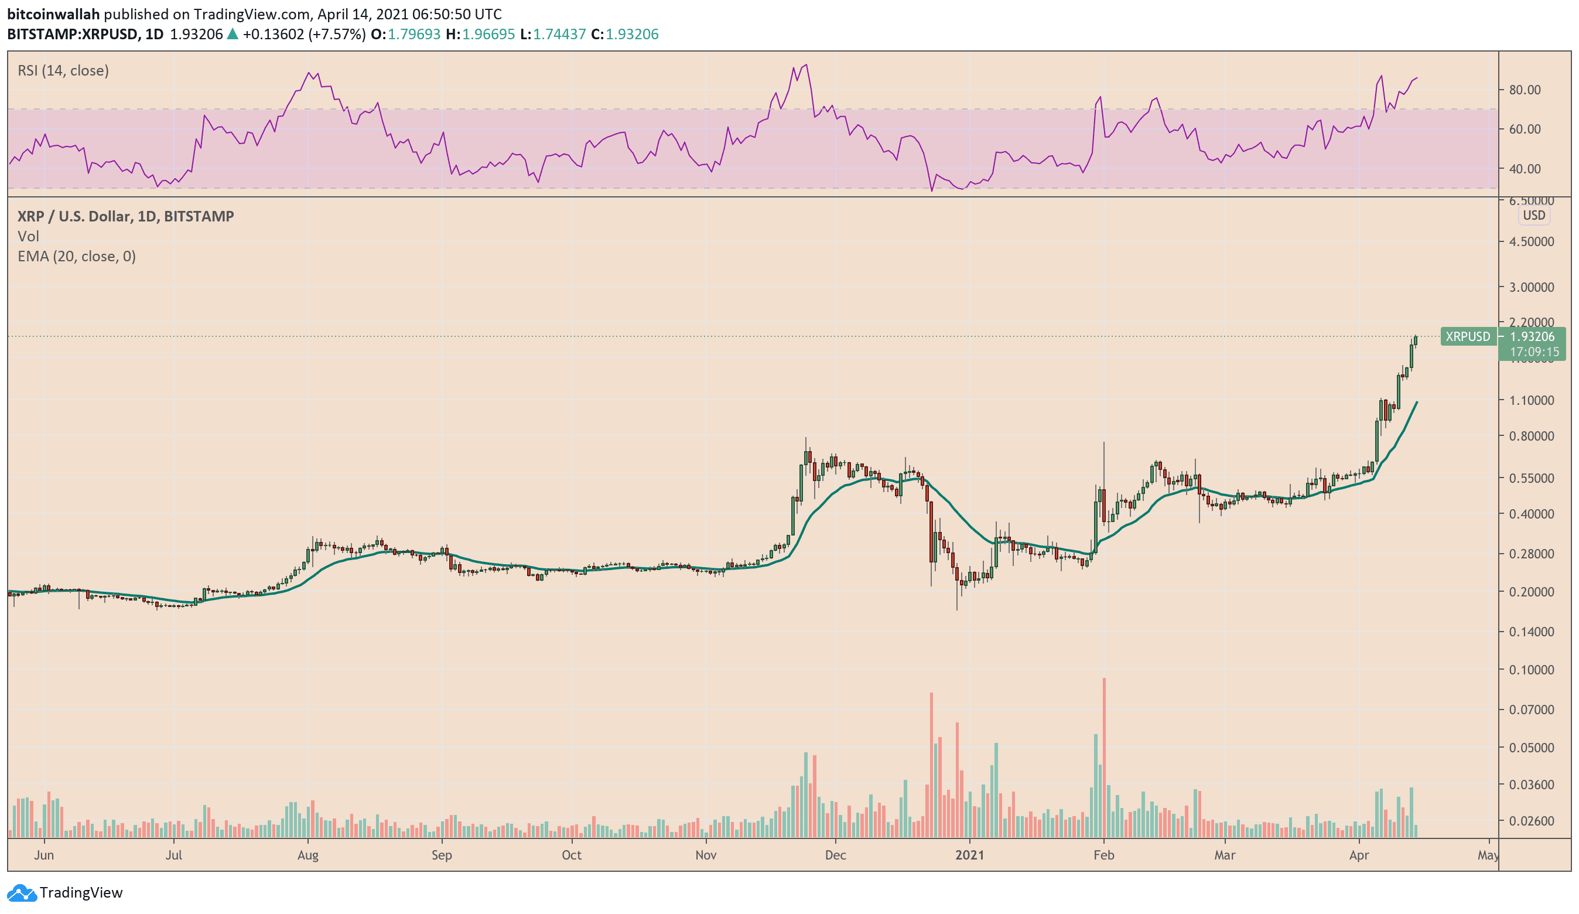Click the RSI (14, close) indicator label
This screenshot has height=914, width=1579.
[63, 70]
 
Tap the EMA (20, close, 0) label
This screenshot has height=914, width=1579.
[77, 256]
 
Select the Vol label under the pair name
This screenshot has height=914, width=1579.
[28, 236]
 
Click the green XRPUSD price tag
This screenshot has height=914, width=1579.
[1468, 337]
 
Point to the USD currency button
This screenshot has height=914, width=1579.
[1533, 215]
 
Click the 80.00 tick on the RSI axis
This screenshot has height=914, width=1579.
[1525, 90]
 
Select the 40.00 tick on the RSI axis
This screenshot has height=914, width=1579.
[1525, 169]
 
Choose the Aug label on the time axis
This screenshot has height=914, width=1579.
[307, 855]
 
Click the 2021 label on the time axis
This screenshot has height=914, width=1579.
[969, 855]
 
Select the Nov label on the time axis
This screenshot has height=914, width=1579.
[706, 855]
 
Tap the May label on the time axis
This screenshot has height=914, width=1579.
[1488, 855]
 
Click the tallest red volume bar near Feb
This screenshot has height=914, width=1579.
[1104, 752]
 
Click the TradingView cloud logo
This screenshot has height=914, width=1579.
[22, 892]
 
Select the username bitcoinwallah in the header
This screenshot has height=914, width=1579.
[53, 14]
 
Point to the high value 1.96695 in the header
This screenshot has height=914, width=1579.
[488, 34]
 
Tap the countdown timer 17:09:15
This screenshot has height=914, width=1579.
[1534, 352]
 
